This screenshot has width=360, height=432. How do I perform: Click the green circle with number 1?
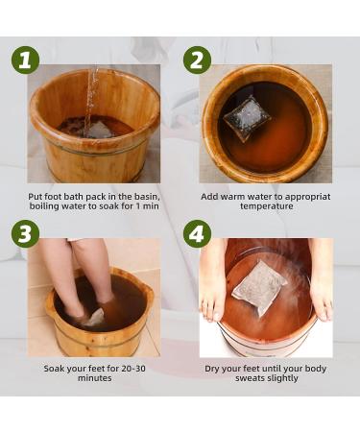click(26, 60)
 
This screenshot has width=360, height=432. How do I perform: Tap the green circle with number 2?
click(197, 60)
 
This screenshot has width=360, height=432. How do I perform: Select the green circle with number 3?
click(26, 233)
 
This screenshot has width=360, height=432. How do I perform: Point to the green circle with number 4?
click(197, 233)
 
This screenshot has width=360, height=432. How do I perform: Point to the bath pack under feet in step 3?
click(93, 317)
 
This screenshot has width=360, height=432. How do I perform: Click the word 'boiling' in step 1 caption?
click(44, 208)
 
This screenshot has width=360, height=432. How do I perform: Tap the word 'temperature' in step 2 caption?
click(265, 208)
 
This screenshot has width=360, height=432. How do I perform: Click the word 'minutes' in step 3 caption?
click(92, 380)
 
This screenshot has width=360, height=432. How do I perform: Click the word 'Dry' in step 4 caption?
click(213, 369)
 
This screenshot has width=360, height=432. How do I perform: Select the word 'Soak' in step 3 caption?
click(55, 369)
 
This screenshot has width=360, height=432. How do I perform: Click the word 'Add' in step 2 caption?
click(210, 197)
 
